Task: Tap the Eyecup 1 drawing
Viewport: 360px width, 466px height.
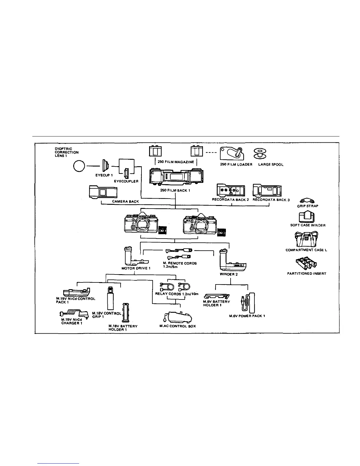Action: pyautogui.click(x=105, y=166)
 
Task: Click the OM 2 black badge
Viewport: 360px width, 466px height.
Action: pyautogui.click(x=221, y=232)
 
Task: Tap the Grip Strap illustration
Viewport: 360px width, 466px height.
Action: pyautogui.click(x=307, y=201)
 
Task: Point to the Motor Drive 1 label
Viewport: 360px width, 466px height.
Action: pyautogui.click(x=136, y=268)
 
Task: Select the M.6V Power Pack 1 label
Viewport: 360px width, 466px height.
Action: pyautogui.click(x=247, y=316)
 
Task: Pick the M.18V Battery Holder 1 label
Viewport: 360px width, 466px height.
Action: pyautogui.click(x=123, y=328)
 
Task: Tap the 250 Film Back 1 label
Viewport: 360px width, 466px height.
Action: pyautogui.click(x=175, y=190)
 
